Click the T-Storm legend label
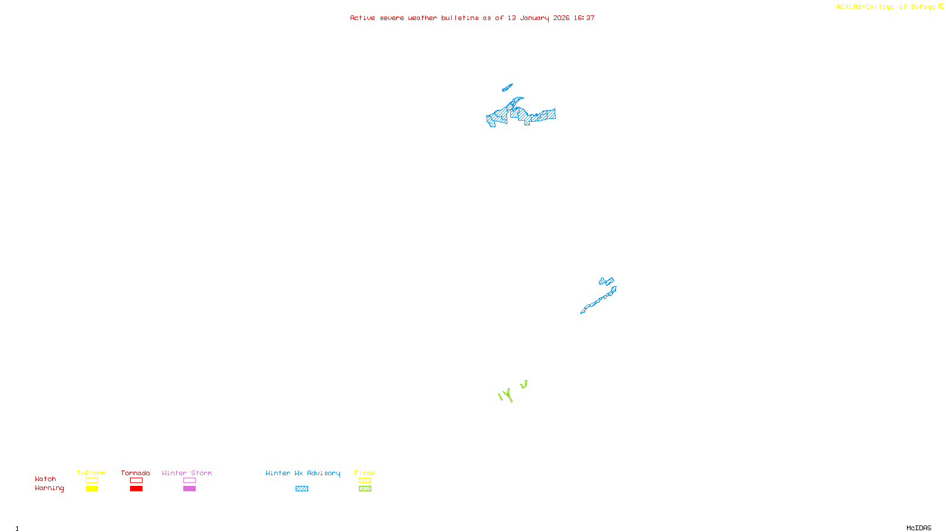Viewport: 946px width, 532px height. pos(91,473)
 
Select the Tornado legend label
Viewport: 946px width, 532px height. pos(135,473)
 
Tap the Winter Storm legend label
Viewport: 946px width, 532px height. pos(187,473)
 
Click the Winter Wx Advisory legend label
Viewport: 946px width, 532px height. pos(303,473)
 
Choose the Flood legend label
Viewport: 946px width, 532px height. pos(365,473)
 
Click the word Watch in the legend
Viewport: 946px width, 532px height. pos(46,479)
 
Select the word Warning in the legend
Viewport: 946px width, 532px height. pos(49,488)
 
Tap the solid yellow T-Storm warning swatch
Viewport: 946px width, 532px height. pos(92,489)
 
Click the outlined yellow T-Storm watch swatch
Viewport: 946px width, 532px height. pos(92,481)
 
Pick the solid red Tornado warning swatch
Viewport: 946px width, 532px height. pos(136,489)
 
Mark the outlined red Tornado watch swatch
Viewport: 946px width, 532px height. pos(136,481)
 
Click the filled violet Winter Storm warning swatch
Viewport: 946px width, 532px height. pos(189,489)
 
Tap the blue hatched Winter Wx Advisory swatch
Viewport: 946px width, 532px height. pos(302,489)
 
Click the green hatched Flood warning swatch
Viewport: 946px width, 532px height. pos(365,489)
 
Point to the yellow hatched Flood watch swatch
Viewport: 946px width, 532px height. pos(365,481)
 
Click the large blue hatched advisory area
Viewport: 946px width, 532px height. pos(520,113)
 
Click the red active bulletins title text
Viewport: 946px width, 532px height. pos(472,18)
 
